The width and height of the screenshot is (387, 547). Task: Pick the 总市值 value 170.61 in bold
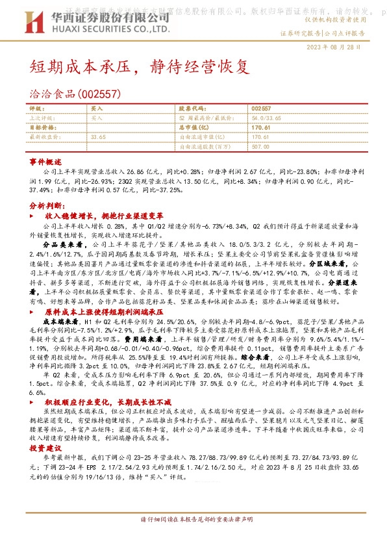click(260, 128)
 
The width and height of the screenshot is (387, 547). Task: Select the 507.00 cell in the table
click(260, 146)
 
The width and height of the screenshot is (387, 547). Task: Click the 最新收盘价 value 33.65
click(99, 137)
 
